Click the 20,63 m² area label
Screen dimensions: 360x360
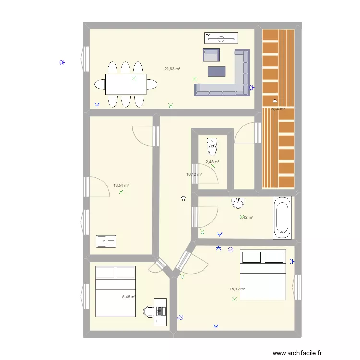point(172,69)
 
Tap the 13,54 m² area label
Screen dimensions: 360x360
point(121,185)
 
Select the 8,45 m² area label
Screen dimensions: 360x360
point(129,297)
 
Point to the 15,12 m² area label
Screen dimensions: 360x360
point(237,289)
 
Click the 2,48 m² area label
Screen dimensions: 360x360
point(212,162)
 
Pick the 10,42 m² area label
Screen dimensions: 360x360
point(193,174)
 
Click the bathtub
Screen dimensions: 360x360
point(281,217)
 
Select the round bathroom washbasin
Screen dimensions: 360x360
point(238,203)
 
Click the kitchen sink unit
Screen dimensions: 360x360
point(106,241)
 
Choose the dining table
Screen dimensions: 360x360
point(126,84)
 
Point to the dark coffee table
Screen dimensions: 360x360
point(216,72)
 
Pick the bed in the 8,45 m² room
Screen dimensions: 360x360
point(115,292)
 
